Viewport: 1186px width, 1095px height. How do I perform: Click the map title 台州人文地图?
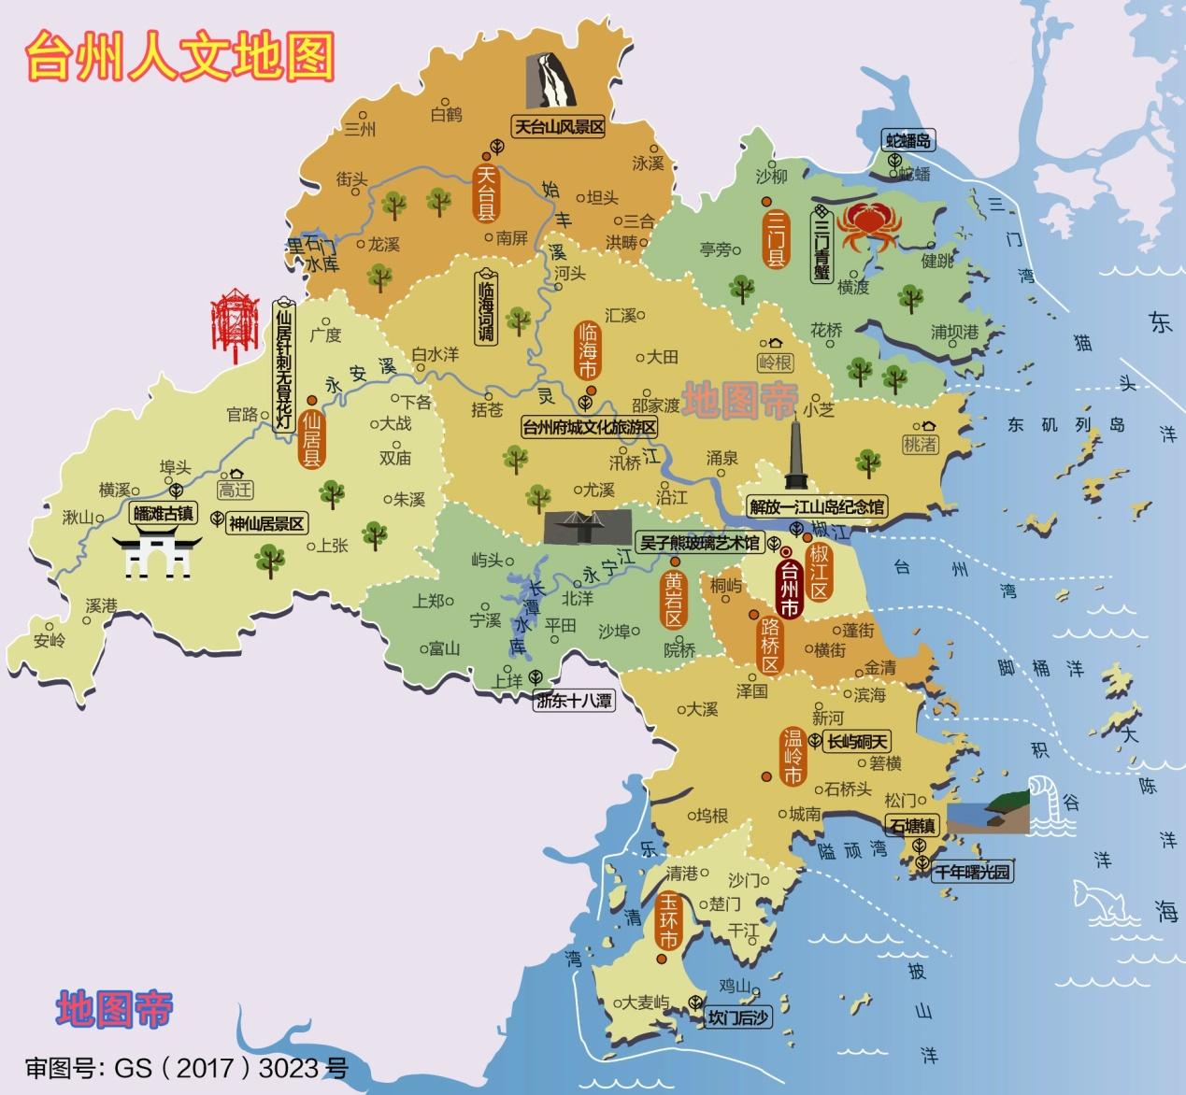179,56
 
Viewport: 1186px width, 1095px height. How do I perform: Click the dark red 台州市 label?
790,588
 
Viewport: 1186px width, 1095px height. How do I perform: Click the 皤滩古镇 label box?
164,513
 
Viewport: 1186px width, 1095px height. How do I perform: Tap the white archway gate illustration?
157,555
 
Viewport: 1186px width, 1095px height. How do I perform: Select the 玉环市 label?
668,921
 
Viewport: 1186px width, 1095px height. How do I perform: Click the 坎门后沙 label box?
738,1017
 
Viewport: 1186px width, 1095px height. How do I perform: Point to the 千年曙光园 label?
974,873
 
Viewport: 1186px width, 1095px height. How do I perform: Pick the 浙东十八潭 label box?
574,700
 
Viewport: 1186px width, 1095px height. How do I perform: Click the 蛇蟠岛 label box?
909,141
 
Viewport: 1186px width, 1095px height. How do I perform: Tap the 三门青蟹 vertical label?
822,245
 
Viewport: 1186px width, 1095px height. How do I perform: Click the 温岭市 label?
793,757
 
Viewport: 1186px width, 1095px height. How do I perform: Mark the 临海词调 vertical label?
486,308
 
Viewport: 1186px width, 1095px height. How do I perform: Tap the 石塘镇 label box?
912,826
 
